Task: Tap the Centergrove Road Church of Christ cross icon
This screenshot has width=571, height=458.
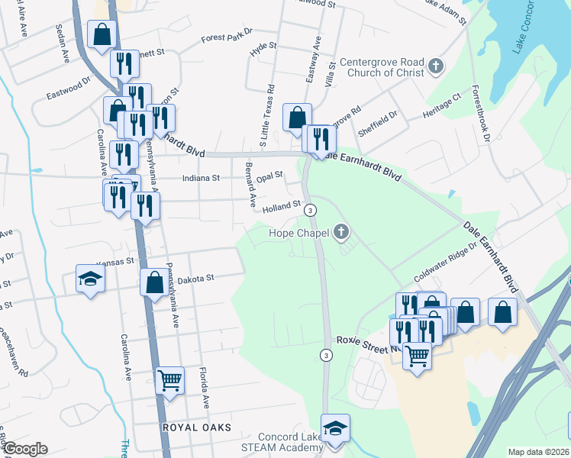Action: click(436, 66)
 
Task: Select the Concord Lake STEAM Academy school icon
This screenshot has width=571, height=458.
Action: click(334, 428)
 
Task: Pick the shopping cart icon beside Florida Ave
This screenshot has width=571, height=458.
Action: click(169, 380)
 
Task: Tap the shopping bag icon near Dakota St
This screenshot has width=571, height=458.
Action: click(154, 282)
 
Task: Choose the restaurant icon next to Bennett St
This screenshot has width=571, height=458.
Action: click(122, 64)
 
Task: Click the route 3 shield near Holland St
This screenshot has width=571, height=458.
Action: click(310, 209)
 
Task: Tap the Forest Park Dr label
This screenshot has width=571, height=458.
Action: click(227, 37)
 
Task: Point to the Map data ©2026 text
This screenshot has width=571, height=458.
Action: click(538, 452)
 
